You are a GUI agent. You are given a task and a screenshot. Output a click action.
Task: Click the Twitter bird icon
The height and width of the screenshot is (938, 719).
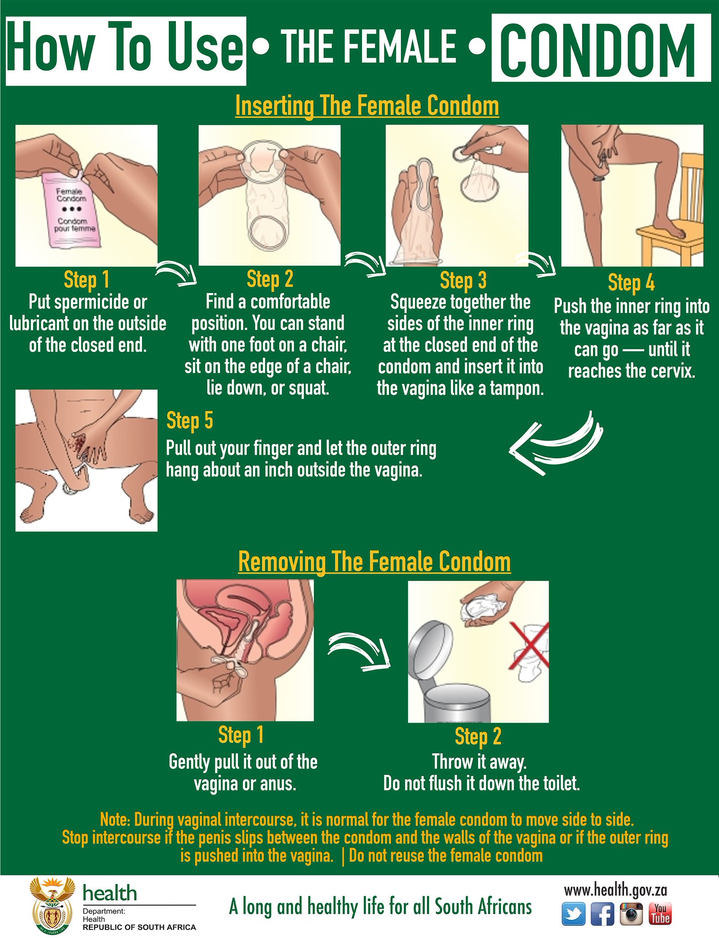(x=573, y=914)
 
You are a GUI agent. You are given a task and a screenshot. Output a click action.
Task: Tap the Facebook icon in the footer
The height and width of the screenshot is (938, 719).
(x=602, y=914)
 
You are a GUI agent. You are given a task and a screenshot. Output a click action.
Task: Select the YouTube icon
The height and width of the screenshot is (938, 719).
(x=660, y=914)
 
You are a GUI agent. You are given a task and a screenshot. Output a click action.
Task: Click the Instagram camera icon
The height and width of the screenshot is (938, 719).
(x=631, y=914)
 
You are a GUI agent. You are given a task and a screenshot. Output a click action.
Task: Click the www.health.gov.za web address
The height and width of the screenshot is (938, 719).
(x=615, y=890)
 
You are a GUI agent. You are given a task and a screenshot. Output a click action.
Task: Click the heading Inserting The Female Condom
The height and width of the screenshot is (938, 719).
(x=367, y=106)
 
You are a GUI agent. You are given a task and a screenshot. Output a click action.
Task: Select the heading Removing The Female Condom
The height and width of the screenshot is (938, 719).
(x=374, y=562)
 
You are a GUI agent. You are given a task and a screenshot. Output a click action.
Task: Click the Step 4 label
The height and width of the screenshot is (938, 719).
(x=631, y=283)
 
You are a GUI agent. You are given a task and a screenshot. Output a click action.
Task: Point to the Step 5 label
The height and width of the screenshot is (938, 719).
(x=189, y=420)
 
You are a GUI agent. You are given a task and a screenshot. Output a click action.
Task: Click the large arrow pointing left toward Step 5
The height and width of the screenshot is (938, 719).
(x=555, y=443)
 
